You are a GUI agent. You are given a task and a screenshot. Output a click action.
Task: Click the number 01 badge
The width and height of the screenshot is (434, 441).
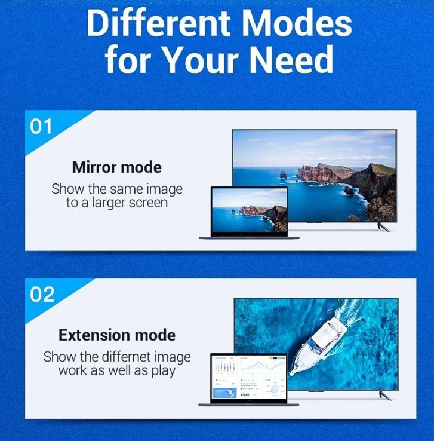click(41, 127)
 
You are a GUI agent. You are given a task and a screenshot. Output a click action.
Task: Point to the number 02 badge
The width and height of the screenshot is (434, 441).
click(42, 295)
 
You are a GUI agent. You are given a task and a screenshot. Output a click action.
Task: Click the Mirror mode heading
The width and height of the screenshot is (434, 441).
click(117, 167)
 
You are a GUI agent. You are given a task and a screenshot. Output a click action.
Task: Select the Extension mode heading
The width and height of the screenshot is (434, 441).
click(117, 335)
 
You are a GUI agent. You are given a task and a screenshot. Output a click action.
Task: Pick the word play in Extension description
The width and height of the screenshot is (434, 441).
click(164, 371)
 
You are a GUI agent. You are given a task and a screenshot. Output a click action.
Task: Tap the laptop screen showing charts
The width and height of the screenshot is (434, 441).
click(249, 377)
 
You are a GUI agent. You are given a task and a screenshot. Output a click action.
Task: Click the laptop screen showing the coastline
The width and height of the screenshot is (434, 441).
click(250, 210)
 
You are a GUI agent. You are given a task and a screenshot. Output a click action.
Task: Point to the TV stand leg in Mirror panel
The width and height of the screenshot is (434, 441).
click(383, 226)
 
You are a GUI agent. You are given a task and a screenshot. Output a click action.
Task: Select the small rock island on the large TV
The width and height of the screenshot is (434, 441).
click(283, 174)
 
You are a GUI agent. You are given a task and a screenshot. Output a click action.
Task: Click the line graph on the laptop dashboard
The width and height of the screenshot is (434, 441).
click(263, 366)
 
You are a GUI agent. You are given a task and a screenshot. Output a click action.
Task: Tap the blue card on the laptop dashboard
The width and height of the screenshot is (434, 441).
click(224, 393)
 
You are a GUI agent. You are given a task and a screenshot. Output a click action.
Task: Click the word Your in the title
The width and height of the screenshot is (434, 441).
click(201, 59)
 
